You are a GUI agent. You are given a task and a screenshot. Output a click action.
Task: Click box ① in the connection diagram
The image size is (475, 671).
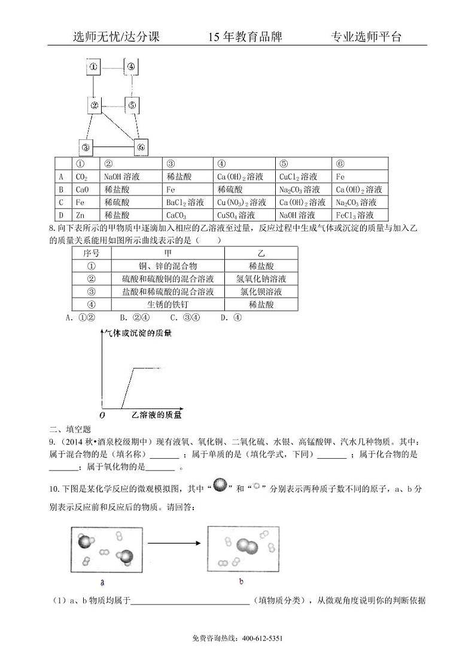pyautogui.click(x=94, y=66)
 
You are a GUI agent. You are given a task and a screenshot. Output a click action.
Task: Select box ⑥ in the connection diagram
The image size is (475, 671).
pyautogui.click(x=140, y=147)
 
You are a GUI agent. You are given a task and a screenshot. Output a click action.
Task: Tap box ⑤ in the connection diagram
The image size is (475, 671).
pyautogui.click(x=132, y=106)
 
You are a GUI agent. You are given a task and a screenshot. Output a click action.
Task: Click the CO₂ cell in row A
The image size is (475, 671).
pyautogui.click(x=82, y=177)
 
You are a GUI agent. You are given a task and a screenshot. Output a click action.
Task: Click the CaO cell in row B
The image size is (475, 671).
pyautogui.click(x=82, y=190)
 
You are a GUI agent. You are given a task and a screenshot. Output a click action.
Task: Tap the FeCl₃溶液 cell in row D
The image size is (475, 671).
pyautogui.click(x=355, y=215)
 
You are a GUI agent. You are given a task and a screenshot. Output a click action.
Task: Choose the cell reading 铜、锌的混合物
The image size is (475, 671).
pyautogui.click(x=168, y=266)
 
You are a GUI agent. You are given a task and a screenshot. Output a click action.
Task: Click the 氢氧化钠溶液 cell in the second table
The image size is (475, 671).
pyautogui.click(x=261, y=279)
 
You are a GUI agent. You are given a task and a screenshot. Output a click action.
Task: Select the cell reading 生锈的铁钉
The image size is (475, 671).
pyautogui.click(x=168, y=304)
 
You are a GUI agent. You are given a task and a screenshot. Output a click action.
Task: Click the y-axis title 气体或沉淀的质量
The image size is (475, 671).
pyautogui.click(x=138, y=333)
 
